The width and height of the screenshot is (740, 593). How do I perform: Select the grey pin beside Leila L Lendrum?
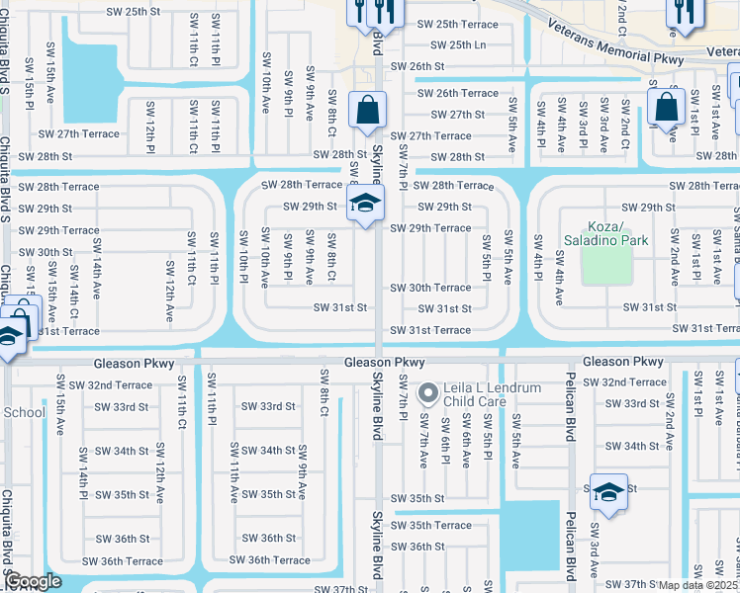coord(427,393)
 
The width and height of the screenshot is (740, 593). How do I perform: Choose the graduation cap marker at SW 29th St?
coord(365,206)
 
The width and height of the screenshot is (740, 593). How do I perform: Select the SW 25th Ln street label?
coord(453,45)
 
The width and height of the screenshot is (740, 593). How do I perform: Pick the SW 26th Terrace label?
coord(458,93)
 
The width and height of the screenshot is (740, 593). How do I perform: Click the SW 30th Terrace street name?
coord(430,288)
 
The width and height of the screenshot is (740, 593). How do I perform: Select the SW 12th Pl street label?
coord(150,119)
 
